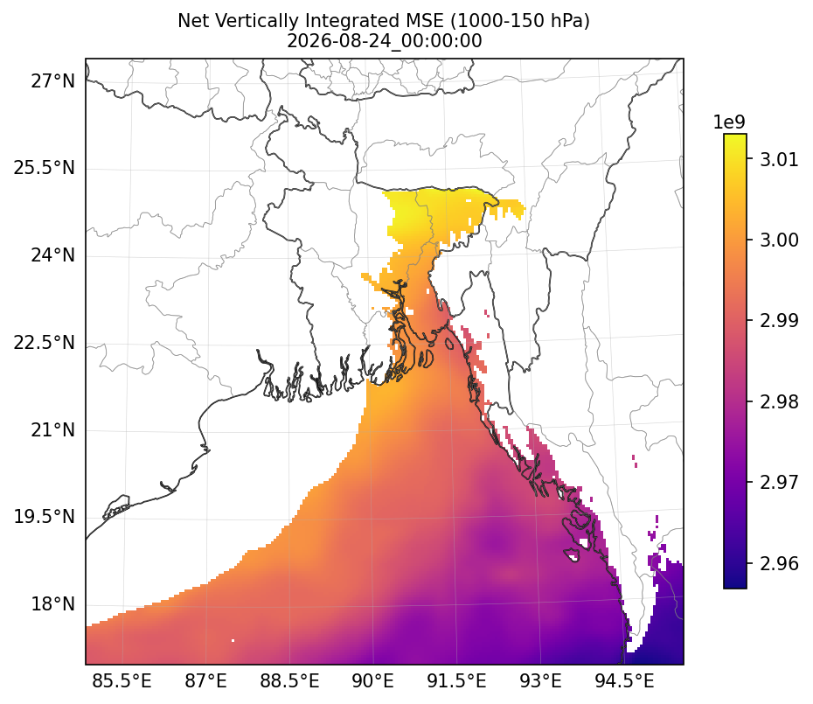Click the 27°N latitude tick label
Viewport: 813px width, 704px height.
click(52, 81)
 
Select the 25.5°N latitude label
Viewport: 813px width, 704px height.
click(44, 169)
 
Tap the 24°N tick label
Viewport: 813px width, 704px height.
click(52, 255)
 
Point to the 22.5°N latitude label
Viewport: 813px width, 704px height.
click(44, 343)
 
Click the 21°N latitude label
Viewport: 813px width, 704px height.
click(52, 430)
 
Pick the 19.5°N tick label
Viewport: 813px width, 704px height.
click(44, 517)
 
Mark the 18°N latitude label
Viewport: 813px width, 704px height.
click(52, 604)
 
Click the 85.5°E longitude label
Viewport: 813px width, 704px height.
click(122, 680)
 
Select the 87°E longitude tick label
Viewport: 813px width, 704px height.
click(205, 680)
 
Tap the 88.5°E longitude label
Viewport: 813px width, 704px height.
click(289, 680)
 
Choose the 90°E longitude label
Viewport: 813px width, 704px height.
click(372, 680)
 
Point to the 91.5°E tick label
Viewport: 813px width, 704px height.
click(457, 680)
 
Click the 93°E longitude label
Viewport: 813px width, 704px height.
click(541, 680)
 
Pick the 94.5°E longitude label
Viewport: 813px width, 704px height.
click(624, 680)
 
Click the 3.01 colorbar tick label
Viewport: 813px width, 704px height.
click(779, 159)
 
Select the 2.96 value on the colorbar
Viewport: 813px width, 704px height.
click(779, 563)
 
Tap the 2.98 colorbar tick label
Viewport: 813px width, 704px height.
click(779, 401)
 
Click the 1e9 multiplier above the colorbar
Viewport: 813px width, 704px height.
click(729, 122)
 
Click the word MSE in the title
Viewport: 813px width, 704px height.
click(426, 21)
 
